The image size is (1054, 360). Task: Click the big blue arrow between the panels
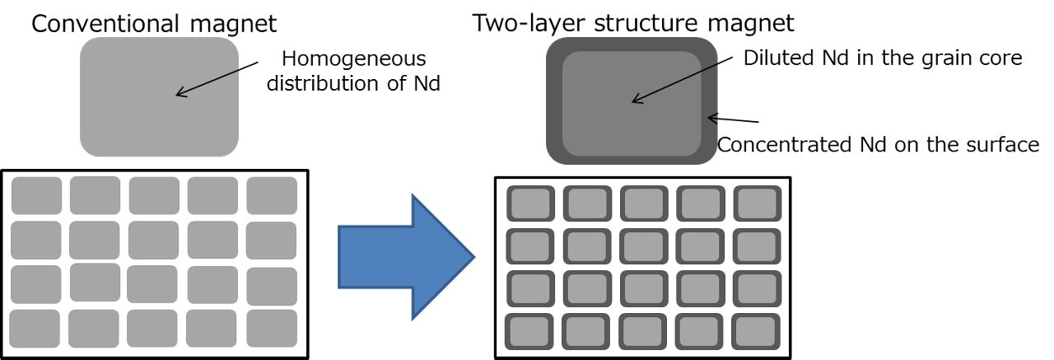(403, 255)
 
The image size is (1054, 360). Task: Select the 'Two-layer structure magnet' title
(634, 22)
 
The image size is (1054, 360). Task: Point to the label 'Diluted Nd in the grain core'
(882, 58)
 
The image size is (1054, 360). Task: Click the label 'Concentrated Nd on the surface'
(878, 145)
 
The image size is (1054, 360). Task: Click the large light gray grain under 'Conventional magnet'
(159, 96)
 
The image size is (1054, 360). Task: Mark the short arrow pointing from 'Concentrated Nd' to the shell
(733, 120)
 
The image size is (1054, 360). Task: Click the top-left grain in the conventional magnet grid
(36, 195)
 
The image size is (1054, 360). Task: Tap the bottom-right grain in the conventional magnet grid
(272, 328)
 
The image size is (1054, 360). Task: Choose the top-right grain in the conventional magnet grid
(272, 195)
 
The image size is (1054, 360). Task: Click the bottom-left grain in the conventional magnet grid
(35, 328)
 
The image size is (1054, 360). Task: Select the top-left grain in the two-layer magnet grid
(529, 203)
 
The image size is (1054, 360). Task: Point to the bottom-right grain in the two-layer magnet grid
(756, 331)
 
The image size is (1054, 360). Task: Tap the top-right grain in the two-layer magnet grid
(756, 203)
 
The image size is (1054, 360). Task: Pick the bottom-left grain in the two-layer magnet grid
(529, 331)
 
